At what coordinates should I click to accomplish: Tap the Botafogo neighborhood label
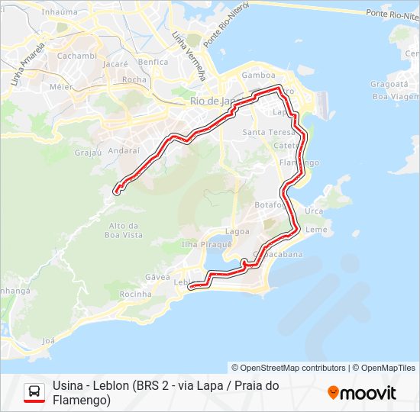point(270,205)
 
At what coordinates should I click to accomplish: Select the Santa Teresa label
point(264,132)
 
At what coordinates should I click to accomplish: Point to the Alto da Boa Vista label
point(126,230)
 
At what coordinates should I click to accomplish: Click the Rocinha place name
point(136,294)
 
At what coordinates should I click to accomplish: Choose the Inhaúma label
point(60,12)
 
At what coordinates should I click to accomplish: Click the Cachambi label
point(76,56)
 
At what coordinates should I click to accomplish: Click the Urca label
point(313,211)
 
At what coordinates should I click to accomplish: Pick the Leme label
point(315,230)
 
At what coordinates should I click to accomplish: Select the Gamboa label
point(257,76)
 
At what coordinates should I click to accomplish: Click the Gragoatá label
point(389,85)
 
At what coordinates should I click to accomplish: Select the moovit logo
point(362,393)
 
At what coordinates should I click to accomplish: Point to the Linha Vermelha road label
point(189,56)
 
